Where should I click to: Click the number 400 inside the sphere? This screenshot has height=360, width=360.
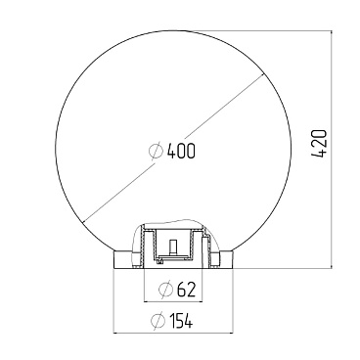(181, 151)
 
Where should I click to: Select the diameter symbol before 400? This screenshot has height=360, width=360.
(156, 151)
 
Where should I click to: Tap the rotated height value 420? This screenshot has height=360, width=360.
(319, 144)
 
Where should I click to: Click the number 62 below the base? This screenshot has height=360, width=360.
(186, 289)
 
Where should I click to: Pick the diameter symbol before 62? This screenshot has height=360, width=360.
(165, 289)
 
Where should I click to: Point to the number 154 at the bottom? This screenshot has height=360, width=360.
(181, 321)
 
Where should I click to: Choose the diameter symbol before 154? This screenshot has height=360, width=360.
(157, 321)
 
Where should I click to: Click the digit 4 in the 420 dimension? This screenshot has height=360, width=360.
(319, 154)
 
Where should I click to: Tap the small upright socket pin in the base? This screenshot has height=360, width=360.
(173, 247)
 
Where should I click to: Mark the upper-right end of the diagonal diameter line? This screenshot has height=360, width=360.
(263, 75)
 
